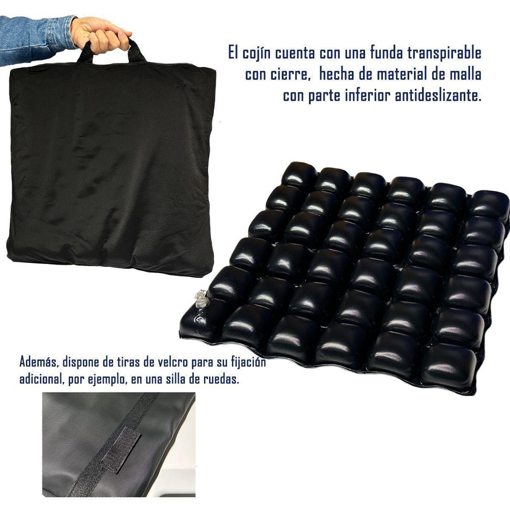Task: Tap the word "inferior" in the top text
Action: point(368,96)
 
